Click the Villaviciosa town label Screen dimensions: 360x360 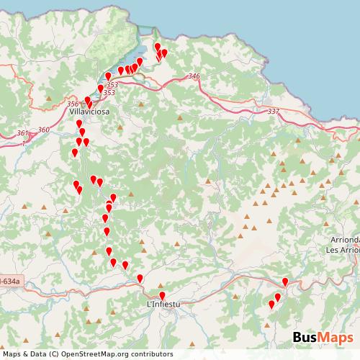point(88,113)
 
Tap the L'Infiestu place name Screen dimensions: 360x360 point(162,305)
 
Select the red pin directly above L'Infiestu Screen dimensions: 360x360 point(162,295)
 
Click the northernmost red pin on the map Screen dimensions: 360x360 point(158,48)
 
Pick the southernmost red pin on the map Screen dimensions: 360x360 point(271,305)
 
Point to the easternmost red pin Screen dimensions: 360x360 point(285,282)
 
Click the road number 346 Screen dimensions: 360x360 point(193,76)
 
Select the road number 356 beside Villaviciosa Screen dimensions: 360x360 point(73,104)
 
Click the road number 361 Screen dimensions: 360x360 point(23,133)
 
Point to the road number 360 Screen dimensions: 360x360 point(43,130)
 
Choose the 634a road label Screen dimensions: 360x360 point(9,280)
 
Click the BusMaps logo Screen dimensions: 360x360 point(323,338)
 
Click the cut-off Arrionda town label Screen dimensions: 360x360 point(342,241)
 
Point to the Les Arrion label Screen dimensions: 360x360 point(342,250)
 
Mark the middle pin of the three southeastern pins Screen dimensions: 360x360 point(278,297)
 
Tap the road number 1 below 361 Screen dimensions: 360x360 point(23,143)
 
